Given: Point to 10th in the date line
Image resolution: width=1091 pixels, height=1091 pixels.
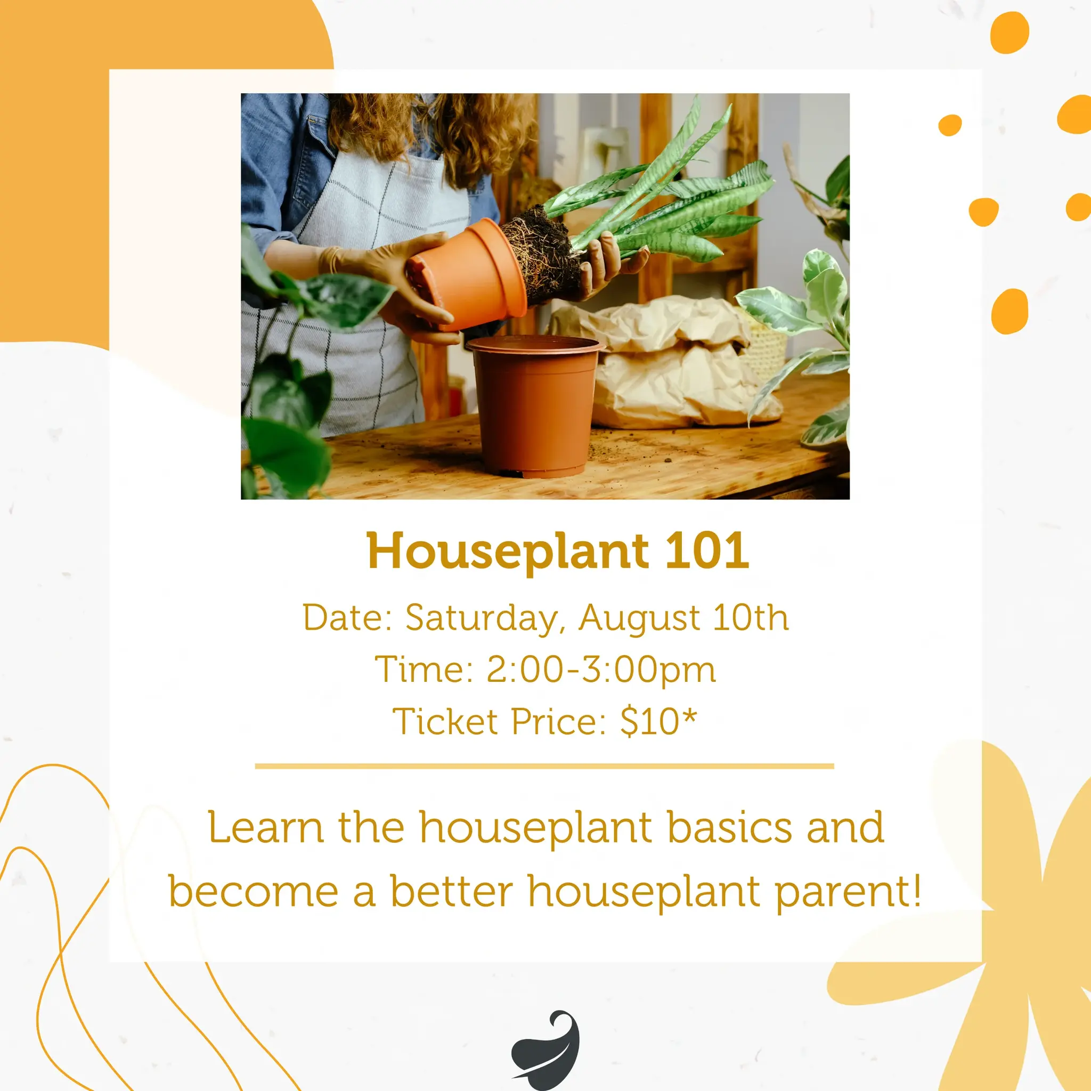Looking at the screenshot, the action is [750, 617].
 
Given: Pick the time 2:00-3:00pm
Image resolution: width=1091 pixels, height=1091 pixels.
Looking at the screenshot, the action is [601, 670].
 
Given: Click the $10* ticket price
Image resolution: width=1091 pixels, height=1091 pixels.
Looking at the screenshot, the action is [658, 721].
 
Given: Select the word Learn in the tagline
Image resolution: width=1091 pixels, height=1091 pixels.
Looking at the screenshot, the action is [265, 828].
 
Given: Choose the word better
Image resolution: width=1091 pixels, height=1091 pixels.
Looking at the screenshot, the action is [452, 891].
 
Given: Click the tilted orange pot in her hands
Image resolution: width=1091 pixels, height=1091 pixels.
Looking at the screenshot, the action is [467, 274].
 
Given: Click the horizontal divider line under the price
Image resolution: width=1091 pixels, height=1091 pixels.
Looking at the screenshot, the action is [544, 766].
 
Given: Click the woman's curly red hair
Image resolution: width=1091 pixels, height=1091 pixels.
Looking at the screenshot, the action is [429, 130].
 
